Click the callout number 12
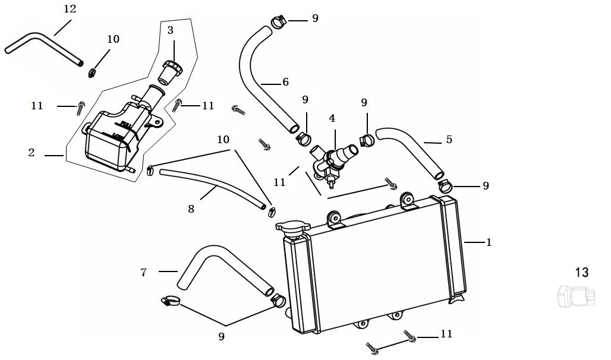[70, 9]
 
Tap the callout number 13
[581, 272]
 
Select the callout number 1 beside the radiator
[489, 242]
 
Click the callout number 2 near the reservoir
[32, 153]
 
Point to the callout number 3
[170, 30]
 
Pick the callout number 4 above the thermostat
[332, 118]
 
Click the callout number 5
[449, 140]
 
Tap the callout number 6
[285, 83]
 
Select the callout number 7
[143, 272]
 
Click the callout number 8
[191, 209]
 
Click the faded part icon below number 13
[575, 295]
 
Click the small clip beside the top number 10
[92, 72]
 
